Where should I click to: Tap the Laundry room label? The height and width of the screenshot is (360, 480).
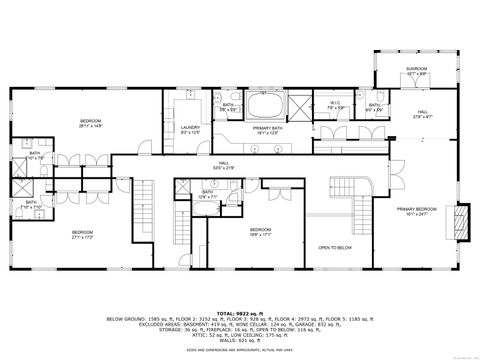click(x=191, y=130)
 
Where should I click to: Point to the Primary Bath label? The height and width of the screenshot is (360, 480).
click(x=264, y=130)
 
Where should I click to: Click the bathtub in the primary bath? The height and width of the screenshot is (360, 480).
click(x=265, y=107)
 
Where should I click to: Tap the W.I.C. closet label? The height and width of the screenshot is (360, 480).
click(x=336, y=103)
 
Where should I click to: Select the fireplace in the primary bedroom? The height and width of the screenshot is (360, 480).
click(x=461, y=220)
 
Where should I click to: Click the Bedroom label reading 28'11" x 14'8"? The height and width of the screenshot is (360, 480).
click(x=96, y=123)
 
